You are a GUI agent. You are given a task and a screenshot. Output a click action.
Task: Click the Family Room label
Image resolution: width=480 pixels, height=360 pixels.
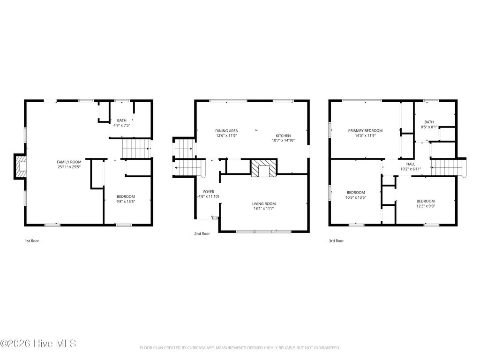click(x=69, y=165)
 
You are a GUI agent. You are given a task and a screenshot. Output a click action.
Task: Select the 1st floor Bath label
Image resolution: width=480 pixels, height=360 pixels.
click(x=121, y=123)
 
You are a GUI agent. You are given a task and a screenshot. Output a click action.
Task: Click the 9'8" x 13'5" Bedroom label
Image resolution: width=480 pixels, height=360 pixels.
click(x=125, y=199)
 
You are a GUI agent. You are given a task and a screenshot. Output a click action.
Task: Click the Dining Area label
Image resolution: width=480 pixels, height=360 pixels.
click(x=226, y=133)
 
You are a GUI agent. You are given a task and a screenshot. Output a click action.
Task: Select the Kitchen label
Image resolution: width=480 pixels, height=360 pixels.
click(x=283, y=138)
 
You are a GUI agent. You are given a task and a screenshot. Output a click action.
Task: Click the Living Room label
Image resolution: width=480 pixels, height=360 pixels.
click(x=264, y=206)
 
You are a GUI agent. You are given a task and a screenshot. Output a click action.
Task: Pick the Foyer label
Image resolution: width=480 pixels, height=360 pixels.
click(x=209, y=194)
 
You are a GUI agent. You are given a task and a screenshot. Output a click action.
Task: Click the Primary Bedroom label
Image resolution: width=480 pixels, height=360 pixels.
click(x=365, y=133)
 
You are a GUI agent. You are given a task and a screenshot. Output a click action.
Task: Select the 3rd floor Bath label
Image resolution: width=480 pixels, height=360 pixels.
click(x=429, y=124)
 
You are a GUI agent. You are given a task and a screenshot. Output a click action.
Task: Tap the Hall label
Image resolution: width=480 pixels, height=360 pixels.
click(x=411, y=166)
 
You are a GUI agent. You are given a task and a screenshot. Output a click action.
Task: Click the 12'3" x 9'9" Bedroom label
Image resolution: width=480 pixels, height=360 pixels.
click(x=425, y=203)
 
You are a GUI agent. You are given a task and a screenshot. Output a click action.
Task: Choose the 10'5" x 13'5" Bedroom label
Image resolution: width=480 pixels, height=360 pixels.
click(x=356, y=195)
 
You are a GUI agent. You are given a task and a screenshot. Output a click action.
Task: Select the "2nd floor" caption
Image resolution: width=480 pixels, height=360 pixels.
click(x=202, y=233)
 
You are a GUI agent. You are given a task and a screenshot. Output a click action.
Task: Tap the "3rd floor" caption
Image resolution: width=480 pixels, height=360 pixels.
click(x=336, y=241)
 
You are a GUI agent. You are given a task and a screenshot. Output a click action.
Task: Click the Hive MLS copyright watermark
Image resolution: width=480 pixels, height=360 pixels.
click(x=38, y=344)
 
